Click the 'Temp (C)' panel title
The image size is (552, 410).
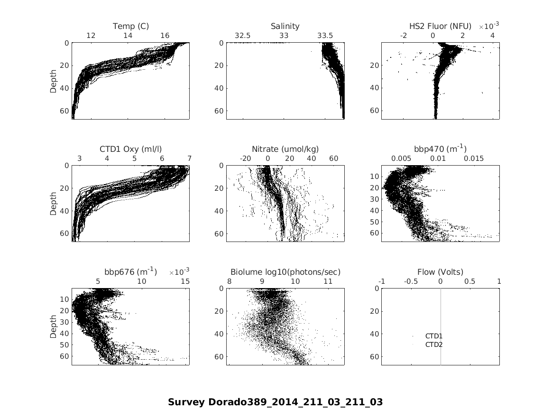(130, 26)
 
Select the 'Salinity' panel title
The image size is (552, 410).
(285, 26)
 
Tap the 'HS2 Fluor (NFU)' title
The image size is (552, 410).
(440, 26)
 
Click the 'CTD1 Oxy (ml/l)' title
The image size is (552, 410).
(130, 149)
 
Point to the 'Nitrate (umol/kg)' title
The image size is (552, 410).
(285, 149)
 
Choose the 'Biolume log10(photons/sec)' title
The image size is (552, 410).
(285, 272)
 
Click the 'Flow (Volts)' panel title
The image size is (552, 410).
(440, 272)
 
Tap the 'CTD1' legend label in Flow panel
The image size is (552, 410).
(433, 336)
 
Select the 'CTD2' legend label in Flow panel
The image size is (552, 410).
(433, 345)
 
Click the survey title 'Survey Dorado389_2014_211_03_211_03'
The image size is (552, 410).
(275, 402)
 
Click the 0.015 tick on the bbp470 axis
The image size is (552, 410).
(473, 158)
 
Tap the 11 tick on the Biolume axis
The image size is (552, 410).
(328, 281)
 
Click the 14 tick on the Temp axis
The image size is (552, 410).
(128, 36)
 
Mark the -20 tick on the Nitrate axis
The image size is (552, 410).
(246, 158)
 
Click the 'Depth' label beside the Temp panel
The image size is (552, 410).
(54, 81)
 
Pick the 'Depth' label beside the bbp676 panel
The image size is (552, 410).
(54, 326)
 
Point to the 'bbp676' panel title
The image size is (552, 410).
(130, 272)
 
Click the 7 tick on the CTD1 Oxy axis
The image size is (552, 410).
(189, 158)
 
